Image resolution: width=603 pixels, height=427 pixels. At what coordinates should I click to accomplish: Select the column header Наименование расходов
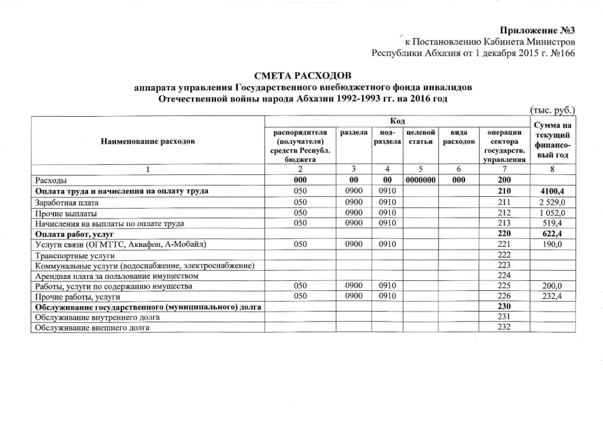coord(148,141)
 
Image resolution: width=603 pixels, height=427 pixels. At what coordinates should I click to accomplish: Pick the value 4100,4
coord(552,191)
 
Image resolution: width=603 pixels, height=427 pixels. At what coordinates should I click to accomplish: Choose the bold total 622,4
coord(553,234)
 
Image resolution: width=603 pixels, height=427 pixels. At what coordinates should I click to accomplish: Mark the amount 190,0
coord(554,245)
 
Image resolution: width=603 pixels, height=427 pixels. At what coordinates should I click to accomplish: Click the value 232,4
coord(554,296)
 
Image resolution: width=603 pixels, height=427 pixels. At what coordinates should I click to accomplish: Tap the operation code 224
coord(503,276)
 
